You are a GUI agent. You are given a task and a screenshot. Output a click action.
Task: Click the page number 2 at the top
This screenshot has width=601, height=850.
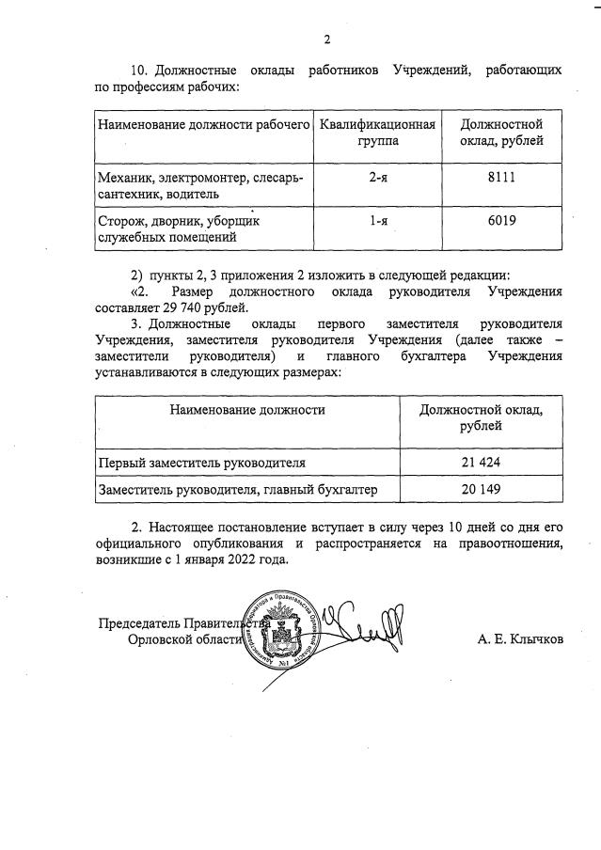[x=327, y=39]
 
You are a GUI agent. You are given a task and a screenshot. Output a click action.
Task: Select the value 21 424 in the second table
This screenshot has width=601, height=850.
[x=479, y=464]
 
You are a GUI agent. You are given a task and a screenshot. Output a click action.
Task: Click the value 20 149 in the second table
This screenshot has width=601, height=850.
[x=479, y=490]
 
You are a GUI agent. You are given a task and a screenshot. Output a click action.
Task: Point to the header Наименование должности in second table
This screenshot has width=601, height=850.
[x=248, y=409]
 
